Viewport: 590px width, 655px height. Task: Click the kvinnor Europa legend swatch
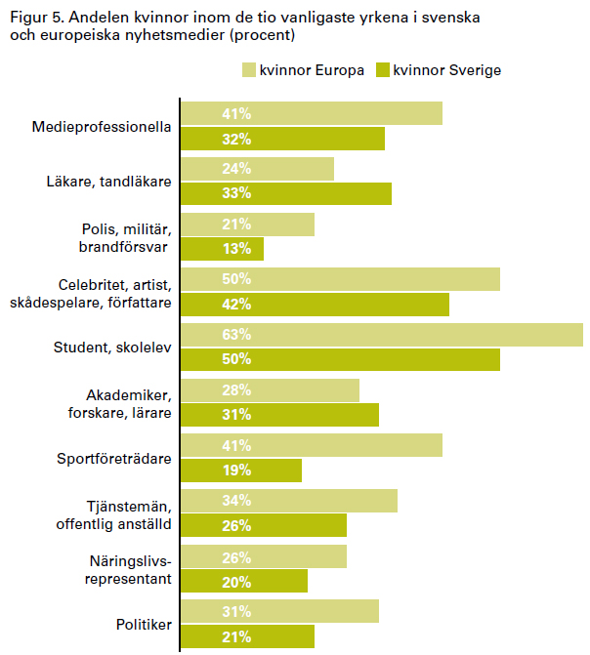click(x=249, y=70)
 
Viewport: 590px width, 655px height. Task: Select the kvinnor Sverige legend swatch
click(x=382, y=70)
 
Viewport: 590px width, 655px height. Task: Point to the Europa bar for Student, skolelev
click(x=382, y=335)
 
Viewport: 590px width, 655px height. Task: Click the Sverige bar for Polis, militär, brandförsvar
click(x=223, y=248)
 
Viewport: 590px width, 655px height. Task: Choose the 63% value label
click(x=208, y=335)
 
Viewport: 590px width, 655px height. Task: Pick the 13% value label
click(x=208, y=248)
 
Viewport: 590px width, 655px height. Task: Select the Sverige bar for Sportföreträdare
click(x=241, y=471)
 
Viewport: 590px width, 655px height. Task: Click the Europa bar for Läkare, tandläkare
click(x=258, y=168)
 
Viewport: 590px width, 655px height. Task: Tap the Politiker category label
click(x=144, y=626)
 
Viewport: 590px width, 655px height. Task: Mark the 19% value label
click(x=208, y=471)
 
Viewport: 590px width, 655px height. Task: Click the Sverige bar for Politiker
click(x=248, y=637)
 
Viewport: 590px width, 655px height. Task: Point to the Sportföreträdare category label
click(x=115, y=458)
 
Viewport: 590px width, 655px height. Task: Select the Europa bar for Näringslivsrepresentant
click(x=264, y=556)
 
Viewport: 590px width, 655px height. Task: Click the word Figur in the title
click(x=27, y=19)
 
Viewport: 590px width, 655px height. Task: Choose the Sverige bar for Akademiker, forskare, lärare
click(x=280, y=415)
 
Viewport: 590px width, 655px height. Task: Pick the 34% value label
click(x=208, y=502)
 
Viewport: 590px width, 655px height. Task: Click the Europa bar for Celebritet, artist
click(x=341, y=279)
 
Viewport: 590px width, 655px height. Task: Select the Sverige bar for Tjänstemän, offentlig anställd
click(x=264, y=525)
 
